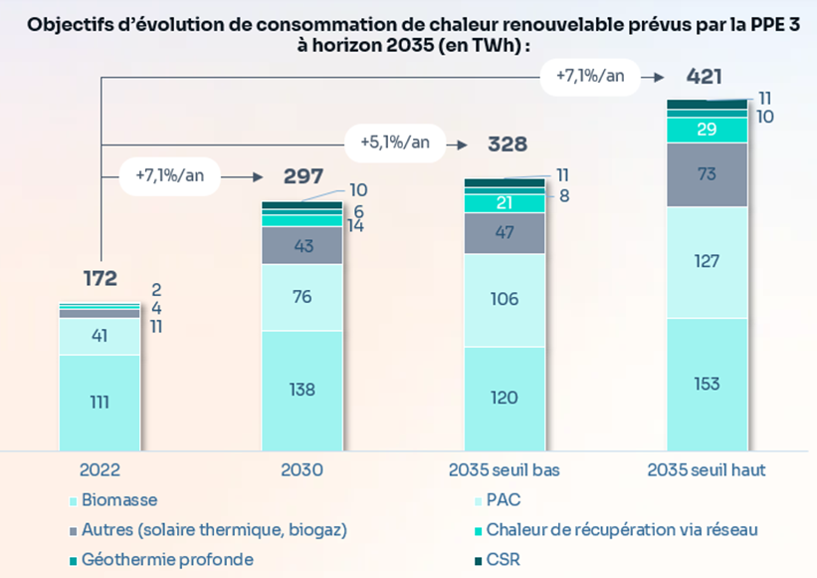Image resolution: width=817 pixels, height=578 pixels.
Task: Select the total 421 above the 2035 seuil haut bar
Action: pos(705,77)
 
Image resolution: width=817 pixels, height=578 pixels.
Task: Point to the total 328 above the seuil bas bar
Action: pos(507,144)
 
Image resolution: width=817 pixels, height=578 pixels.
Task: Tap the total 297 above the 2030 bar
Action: pos(304,176)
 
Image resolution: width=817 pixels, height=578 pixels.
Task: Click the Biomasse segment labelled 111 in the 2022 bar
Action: pos(99,402)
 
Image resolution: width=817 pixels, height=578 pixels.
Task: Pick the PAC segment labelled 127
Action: pos(706,262)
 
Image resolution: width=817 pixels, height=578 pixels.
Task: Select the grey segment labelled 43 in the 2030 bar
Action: pos(303,245)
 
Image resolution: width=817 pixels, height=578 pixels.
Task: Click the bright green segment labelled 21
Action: pos(505,203)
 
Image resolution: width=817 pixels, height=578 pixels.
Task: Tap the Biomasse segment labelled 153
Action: pos(706,385)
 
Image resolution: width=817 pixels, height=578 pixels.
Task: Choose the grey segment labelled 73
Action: pos(706,174)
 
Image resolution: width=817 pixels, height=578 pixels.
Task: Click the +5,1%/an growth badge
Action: pos(395,143)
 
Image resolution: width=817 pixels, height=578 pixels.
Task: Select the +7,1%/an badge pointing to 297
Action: pos(169,175)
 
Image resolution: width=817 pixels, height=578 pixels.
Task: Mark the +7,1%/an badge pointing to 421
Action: pos(590,76)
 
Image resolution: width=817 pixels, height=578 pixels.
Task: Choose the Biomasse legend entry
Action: pos(118,500)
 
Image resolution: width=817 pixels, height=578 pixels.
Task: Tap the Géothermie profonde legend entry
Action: pos(167,559)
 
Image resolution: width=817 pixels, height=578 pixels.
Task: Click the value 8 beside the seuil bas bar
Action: pos(563,196)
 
